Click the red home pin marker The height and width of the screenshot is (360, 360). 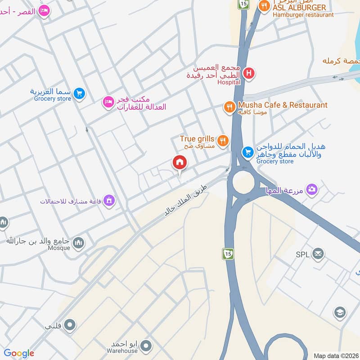[x=180, y=162]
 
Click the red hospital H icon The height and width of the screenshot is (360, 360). [x=248, y=72]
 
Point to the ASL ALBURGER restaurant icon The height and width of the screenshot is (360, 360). [x=264, y=5]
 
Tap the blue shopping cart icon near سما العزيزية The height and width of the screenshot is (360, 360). [x=79, y=93]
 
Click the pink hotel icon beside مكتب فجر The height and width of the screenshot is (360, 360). [x=108, y=103]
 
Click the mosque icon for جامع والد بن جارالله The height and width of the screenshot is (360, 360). [x=79, y=243]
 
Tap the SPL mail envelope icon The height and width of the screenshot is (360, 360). [x=318, y=254]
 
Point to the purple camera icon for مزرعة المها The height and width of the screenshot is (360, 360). [x=312, y=189]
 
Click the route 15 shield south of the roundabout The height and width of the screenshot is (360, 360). [x=228, y=254]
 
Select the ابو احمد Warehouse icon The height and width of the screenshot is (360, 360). [x=146, y=346]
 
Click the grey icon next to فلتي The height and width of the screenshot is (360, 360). [x=69, y=324]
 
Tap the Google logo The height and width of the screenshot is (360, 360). [x=19, y=353]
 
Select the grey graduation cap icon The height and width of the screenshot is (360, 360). [x=340, y=312]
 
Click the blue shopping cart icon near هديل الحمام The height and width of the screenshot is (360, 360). [x=247, y=152]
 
